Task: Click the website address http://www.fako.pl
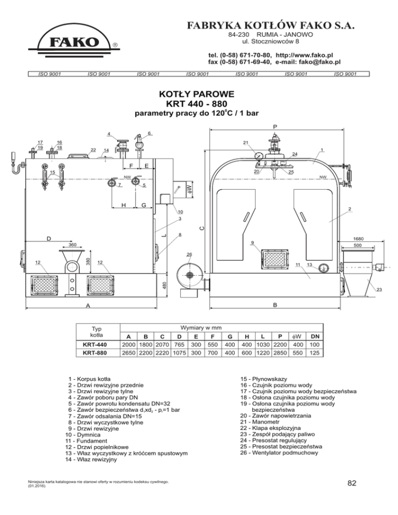[304, 54]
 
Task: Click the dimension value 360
[73, 244]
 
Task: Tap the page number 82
[352, 483]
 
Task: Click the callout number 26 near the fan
[189, 254]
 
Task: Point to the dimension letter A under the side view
[88, 306]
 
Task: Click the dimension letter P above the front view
[275, 125]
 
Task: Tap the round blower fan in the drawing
[188, 275]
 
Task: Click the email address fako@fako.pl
[316, 62]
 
